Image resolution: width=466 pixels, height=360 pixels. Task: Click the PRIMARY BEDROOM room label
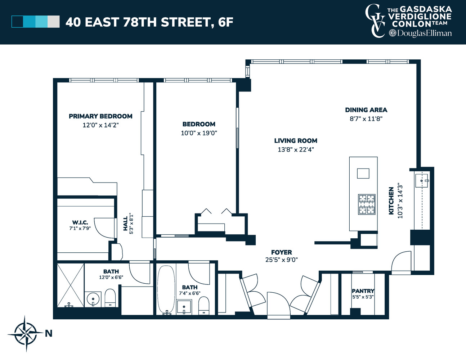click(100, 116)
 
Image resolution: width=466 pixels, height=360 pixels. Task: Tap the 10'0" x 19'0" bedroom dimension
click(199, 133)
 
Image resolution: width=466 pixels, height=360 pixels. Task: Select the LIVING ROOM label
click(296, 141)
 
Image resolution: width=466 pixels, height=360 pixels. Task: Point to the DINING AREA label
click(366, 110)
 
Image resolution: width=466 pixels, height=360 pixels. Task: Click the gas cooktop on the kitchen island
click(367, 204)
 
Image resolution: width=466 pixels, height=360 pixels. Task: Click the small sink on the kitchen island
click(363, 173)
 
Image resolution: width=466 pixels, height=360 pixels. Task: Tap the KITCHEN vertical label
click(391, 201)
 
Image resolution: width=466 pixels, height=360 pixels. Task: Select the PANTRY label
click(363, 291)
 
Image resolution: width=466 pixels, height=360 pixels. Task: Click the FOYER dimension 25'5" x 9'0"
click(281, 260)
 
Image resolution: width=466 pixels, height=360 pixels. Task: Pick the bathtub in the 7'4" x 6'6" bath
click(166, 290)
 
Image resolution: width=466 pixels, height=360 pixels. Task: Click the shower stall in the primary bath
click(71, 285)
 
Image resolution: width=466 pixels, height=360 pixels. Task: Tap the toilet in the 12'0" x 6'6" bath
click(110, 297)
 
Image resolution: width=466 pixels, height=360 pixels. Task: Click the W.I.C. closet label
click(80, 222)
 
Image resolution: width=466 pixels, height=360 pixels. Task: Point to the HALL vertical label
click(125, 224)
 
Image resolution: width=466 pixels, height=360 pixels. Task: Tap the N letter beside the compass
click(49, 333)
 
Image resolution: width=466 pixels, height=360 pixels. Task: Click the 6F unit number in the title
click(225, 22)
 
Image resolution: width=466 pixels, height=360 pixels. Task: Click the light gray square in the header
click(54, 22)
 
